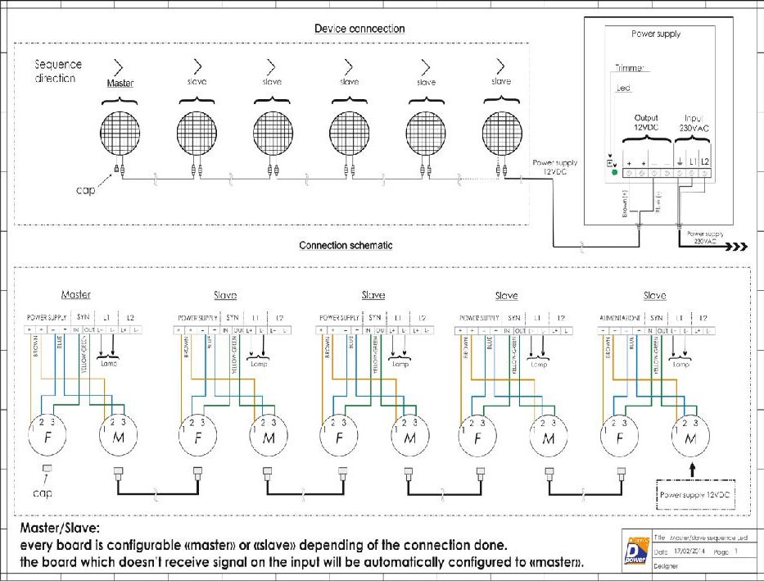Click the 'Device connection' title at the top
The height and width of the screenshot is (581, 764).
[x=359, y=29]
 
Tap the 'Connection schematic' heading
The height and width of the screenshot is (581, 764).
[x=345, y=245]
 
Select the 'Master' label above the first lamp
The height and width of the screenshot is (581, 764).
[x=120, y=83]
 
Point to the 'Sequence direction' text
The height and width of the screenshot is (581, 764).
[x=55, y=71]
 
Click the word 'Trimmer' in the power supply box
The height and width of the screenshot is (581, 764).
[x=630, y=68]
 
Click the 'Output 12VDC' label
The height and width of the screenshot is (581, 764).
[x=646, y=125]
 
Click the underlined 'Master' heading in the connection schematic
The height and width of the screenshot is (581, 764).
[x=75, y=295]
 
